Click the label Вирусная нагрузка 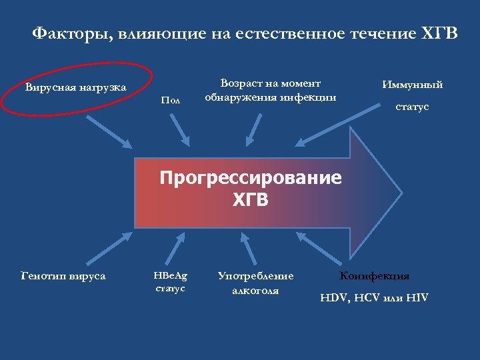click(x=75, y=87)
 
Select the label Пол click(x=171, y=100)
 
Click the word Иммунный click(x=412, y=85)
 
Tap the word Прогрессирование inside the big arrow click(x=250, y=179)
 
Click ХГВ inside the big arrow click(x=250, y=199)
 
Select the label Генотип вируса click(x=63, y=275)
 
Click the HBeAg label click(x=171, y=275)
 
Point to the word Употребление click(x=255, y=275)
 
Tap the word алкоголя click(x=255, y=290)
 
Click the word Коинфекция click(x=375, y=275)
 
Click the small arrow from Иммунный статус click(x=325, y=129)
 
